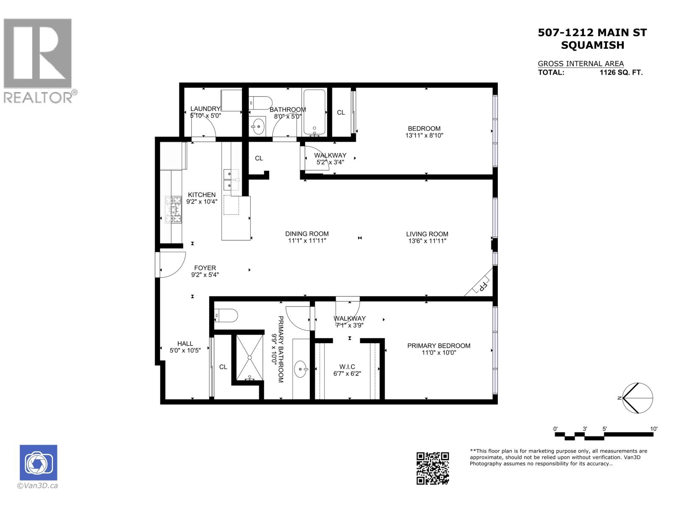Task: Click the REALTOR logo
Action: (x=40, y=61)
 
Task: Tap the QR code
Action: (x=432, y=468)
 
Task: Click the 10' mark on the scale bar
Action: (x=653, y=429)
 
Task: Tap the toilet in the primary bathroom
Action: (x=226, y=316)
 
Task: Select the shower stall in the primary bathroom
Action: (x=250, y=358)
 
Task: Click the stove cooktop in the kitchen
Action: (x=173, y=210)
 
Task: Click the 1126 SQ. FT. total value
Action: (x=621, y=72)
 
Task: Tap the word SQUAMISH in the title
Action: (x=592, y=45)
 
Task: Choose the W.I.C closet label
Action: (x=347, y=366)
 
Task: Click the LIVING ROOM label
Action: (x=427, y=234)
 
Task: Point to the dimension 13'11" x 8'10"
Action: (x=424, y=135)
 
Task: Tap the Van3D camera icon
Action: (x=38, y=462)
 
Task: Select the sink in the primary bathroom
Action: (x=301, y=369)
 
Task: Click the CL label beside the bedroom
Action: (x=341, y=112)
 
